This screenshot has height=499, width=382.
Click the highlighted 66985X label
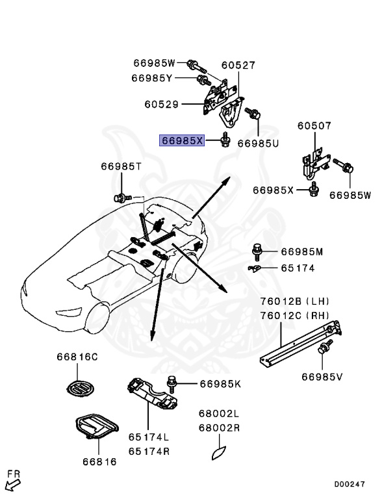pyautogui.click(x=183, y=140)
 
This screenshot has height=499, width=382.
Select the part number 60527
pyautogui.click(x=238, y=66)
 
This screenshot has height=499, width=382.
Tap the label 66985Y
pyautogui.click(x=151, y=78)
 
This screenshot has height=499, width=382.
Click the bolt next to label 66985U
pyautogui.click(x=255, y=115)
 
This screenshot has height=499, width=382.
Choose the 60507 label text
pyautogui.click(x=314, y=126)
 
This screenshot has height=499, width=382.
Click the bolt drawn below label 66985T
pyautogui.click(x=120, y=196)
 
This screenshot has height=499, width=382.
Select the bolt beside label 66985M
pyautogui.click(x=257, y=250)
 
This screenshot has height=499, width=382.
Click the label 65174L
pyautogui.click(x=148, y=439)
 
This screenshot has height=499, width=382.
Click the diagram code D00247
pyautogui.click(x=350, y=484)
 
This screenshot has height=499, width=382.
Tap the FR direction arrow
pyautogui.click(x=12, y=481)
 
